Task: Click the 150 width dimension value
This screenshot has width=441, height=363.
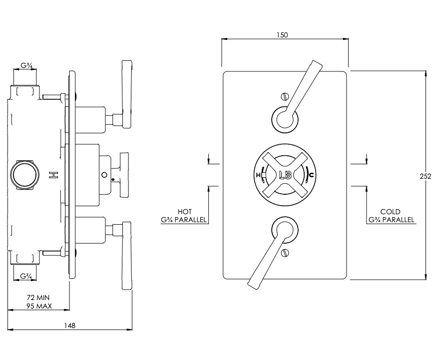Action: pos(282,35)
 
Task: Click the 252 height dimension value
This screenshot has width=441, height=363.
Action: pos(425,176)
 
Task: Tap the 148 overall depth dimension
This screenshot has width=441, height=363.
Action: pos(70,326)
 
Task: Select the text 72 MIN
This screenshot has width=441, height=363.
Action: pos(38,298)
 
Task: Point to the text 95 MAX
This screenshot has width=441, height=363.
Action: pos(39,306)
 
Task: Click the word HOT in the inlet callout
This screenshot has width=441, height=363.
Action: pos(184,211)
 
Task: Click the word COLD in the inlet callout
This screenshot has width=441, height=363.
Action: pos(390,211)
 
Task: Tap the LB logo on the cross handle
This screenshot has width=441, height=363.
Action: pos(285,175)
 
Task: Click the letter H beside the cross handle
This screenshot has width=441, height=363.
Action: pos(258,175)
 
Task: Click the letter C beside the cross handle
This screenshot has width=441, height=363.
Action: pos(311,175)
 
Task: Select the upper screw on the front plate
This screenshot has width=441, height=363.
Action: pos(285,97)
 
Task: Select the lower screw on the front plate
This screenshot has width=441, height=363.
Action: pos(285,252)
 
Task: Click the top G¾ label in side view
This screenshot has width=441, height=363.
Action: pos(27,66)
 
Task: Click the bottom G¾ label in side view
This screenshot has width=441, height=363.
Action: pos(27,276)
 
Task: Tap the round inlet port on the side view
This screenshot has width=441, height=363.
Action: pos(24,175)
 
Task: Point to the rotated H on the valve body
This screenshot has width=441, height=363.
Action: pos(52,175)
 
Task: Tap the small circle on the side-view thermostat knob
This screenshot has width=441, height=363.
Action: pos(104,175)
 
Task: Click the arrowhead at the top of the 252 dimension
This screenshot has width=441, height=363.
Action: pos(426,74)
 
